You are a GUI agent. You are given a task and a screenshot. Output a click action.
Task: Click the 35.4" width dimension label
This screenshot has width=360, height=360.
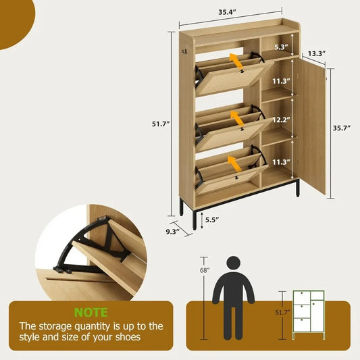[230, 11]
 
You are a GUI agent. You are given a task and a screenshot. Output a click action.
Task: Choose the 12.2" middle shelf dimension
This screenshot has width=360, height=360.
[281, 120]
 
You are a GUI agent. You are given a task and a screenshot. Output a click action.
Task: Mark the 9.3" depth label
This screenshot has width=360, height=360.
[172, 231]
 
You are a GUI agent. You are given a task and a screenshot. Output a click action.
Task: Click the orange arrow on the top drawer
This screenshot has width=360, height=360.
[236, 63]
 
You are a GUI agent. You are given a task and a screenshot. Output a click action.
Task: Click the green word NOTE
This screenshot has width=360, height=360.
[91, 313]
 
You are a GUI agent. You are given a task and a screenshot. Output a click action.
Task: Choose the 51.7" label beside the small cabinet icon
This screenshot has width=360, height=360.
[284, 312]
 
